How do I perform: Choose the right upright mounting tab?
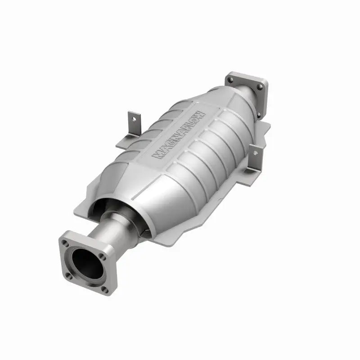[x=256, y=157]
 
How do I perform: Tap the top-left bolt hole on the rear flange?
[x=231, y=80]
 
